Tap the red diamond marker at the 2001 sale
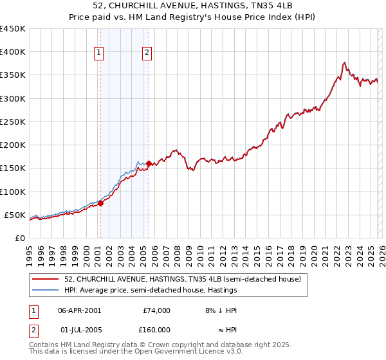(x=100, y=203)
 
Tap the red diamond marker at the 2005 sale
(x=149, y=163)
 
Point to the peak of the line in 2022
(x=345, y=62)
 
